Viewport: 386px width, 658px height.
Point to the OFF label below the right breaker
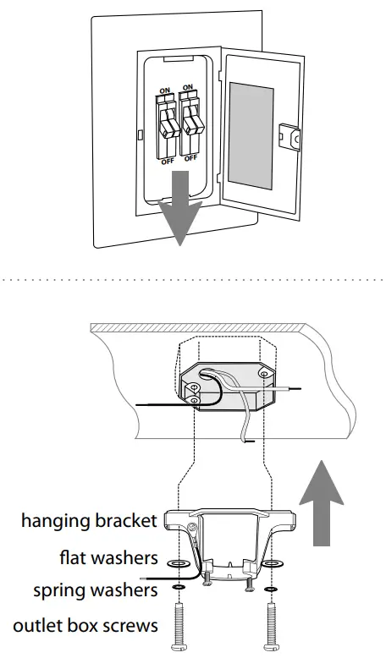pyautogui.click(x=190, y=157)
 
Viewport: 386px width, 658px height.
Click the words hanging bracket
pyautogui.click(x=89, y=520)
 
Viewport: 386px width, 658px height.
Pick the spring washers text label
pyautogui.click(x=95, y=589)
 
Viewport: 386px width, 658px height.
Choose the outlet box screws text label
pyautogui.click(x=85, y=626)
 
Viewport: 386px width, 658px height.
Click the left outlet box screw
pyautogui.click(x=179, y=627)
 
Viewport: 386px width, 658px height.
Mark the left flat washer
pyautogui.click(x=179, y=562)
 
